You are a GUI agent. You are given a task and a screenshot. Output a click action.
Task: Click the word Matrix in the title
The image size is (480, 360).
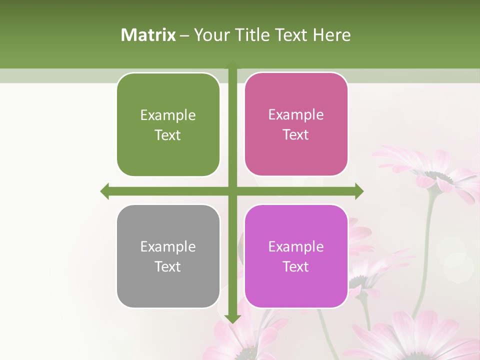148,34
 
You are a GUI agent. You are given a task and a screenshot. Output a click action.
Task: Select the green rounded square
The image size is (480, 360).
168,125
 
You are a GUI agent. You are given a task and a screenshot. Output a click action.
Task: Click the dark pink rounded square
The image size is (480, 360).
296,124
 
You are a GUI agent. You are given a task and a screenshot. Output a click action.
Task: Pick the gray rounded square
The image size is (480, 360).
168,256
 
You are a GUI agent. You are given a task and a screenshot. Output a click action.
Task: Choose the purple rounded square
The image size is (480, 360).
296,256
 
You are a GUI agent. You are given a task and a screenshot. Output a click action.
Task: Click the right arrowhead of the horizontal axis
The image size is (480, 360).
359,191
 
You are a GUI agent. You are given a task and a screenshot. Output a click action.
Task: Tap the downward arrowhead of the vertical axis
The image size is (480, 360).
232,318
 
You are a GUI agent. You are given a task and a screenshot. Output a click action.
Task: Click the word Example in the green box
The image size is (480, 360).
168,115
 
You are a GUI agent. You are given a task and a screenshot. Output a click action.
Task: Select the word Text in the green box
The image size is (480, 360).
168,135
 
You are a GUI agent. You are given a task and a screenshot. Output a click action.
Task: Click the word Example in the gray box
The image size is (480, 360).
168,247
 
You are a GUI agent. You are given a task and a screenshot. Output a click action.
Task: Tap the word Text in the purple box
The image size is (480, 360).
296,266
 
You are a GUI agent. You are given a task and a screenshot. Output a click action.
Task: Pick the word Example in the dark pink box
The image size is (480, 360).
296,115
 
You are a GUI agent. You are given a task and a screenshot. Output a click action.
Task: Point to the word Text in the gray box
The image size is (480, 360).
168,266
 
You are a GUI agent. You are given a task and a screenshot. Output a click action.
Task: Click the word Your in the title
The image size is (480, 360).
209,34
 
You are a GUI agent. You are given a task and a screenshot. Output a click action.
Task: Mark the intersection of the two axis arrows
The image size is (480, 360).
232,191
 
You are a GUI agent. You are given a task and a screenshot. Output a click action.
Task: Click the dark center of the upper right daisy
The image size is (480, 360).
438,176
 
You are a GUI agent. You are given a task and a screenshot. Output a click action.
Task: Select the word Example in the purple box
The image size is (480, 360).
296,246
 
